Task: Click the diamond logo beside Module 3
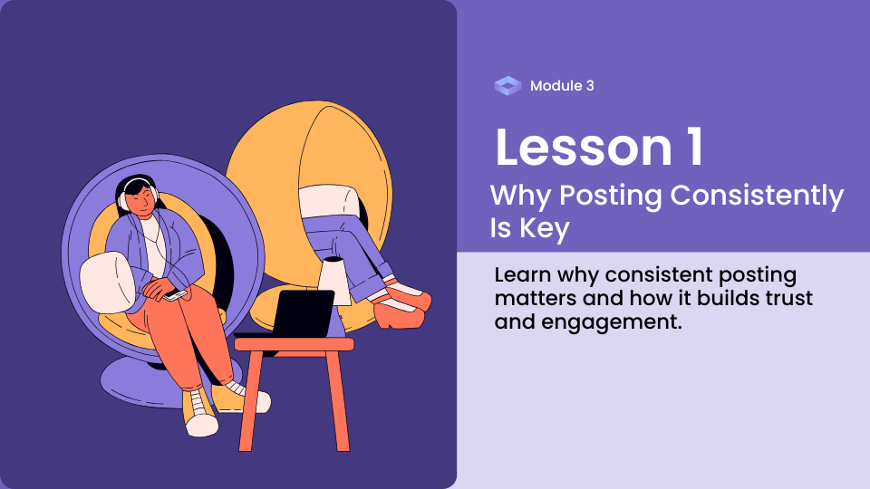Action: click(x=507, y=86)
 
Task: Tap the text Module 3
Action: click(x=562, y=86)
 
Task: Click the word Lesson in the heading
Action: click(x=584, y=147)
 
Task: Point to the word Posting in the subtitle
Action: click(x=610, y=196)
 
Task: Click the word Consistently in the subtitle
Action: click(x=757, y=196)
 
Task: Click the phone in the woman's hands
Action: click(x=174, y=295)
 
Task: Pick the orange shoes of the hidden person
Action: click(x=402, y=305)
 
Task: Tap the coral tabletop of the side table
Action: click(x=294, y=344)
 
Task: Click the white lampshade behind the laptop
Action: click(x=335, y=281)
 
